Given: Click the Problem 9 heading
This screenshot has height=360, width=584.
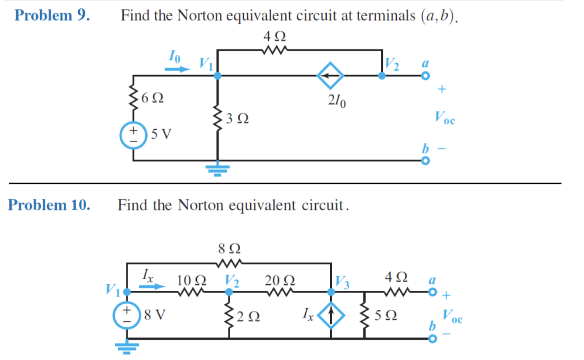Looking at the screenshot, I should (52, 15).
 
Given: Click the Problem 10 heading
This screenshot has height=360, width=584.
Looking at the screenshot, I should (49, 205).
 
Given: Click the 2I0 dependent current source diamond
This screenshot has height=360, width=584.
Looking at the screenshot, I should (330, 76).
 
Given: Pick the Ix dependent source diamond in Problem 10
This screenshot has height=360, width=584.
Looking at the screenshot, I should (331, 318).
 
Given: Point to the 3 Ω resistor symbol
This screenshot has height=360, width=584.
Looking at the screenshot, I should (217, 118).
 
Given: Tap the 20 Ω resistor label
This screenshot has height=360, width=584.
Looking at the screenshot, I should (280, 280).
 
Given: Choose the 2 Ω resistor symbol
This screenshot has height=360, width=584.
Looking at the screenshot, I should (229, 316).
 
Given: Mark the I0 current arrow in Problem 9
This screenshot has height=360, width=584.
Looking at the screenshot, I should (177, 69).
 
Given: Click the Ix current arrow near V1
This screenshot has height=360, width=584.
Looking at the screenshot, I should (152, 286).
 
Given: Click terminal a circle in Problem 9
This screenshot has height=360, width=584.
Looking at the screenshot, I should (425, 76).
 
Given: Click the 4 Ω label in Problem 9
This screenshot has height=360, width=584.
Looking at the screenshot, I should (275, 37).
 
